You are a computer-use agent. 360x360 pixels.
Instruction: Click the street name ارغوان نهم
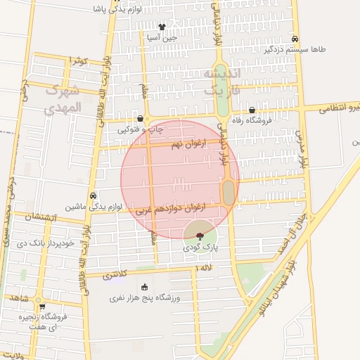click(186, 143)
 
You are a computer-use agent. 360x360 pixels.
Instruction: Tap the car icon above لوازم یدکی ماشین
click(94, 195)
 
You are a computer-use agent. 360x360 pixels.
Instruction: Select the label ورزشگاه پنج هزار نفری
click(144, 298)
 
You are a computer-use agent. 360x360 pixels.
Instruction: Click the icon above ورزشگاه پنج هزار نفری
click(145, 287)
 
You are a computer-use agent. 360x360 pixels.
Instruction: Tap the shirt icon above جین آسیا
click(162, 27)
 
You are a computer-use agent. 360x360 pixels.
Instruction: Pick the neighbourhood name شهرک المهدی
click(63, 100)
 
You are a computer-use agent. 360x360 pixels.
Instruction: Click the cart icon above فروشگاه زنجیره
click(42, 307)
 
